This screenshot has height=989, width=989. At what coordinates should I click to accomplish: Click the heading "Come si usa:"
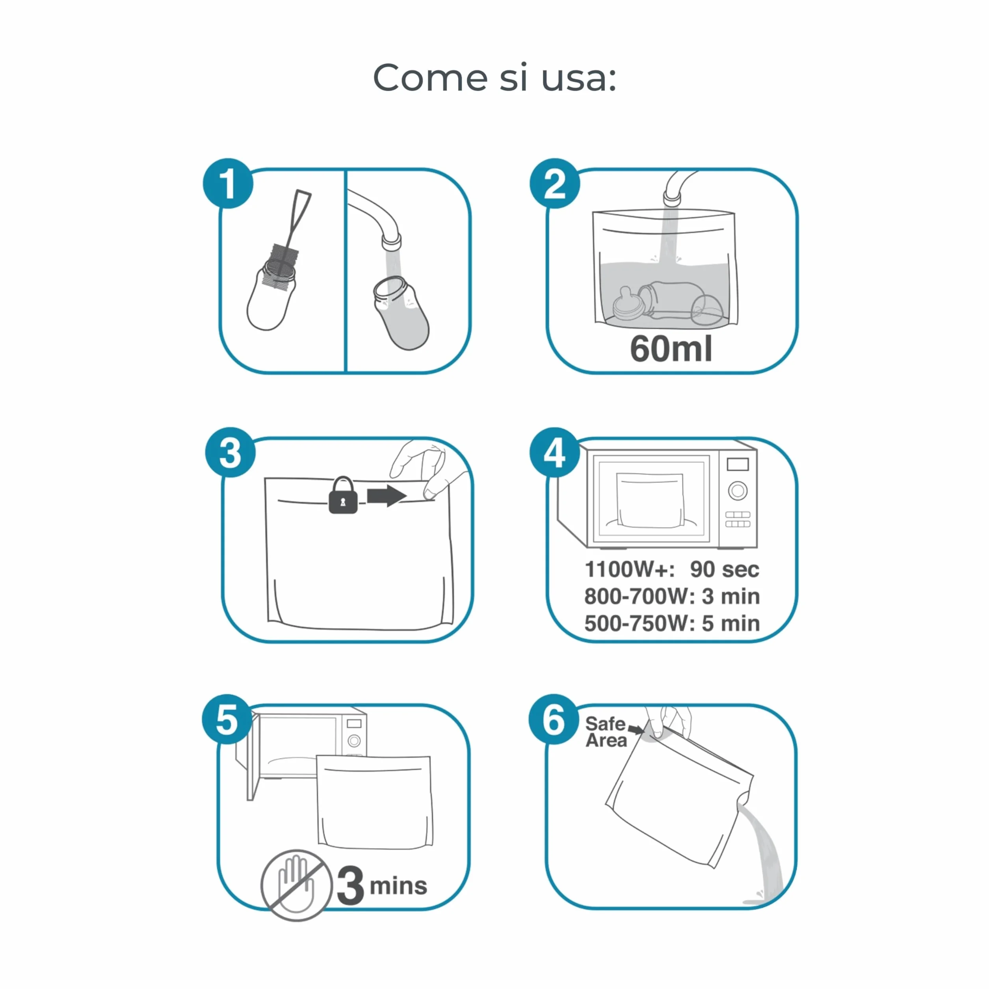494,78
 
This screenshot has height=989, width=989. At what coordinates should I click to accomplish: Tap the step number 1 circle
228,183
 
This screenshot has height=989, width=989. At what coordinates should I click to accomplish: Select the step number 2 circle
554,183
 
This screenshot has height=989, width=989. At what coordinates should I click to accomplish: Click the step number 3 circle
231,452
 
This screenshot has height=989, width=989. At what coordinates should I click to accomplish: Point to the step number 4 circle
554,452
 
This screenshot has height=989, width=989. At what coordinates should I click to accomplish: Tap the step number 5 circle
227,719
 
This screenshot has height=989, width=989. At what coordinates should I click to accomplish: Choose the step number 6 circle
554,719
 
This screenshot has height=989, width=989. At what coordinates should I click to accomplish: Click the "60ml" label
671,349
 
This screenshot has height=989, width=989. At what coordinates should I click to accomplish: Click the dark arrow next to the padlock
387,496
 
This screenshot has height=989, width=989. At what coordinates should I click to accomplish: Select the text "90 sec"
724,569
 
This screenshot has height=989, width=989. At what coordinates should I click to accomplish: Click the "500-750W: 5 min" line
672,623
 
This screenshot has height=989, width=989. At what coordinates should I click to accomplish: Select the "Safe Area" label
606,732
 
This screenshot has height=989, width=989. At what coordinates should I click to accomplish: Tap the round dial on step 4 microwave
738,491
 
